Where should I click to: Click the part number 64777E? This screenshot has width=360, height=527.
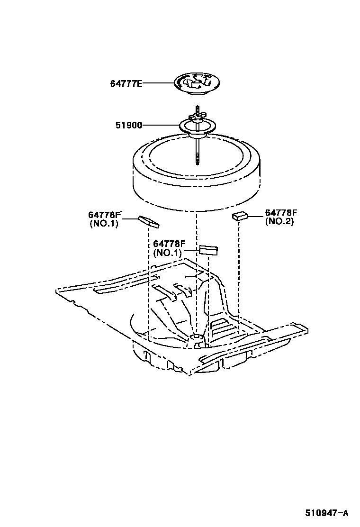tap(126, 83)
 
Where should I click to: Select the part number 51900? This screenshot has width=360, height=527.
tap(129, 126)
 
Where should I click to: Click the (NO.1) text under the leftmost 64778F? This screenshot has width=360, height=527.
tap(104, 224)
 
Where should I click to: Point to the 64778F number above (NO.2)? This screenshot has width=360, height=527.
tap(281, 213)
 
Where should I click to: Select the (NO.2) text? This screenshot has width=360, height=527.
tap(279, 221)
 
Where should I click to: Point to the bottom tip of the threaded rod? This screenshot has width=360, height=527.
tap(196, 164)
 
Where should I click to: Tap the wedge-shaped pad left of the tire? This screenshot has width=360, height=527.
tap(149, 221)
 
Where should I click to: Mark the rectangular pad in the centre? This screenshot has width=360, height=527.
tap(208, 250)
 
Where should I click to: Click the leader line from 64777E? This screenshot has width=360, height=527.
tap(159, 83)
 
